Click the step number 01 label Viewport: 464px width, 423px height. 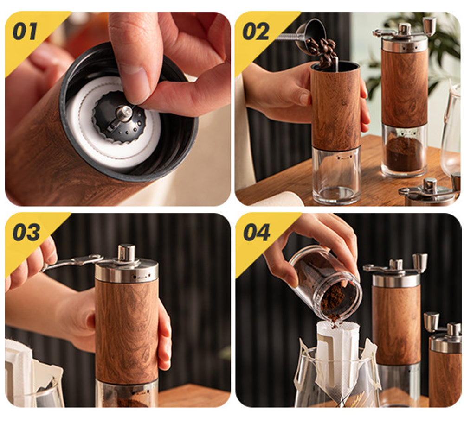(25, 31)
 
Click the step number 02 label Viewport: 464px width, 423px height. (256, 31)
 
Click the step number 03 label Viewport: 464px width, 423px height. (26, 232)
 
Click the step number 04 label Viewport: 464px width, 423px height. (257, 232)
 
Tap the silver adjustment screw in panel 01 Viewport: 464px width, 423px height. (124, 113)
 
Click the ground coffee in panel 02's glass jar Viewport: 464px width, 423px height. (404, 154)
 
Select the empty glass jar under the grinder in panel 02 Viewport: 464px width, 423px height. (336, 175)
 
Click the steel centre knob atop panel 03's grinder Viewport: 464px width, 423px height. (126, 253)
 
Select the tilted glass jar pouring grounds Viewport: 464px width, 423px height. (326, 284)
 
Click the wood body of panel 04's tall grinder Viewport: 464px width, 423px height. (396, 324)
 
